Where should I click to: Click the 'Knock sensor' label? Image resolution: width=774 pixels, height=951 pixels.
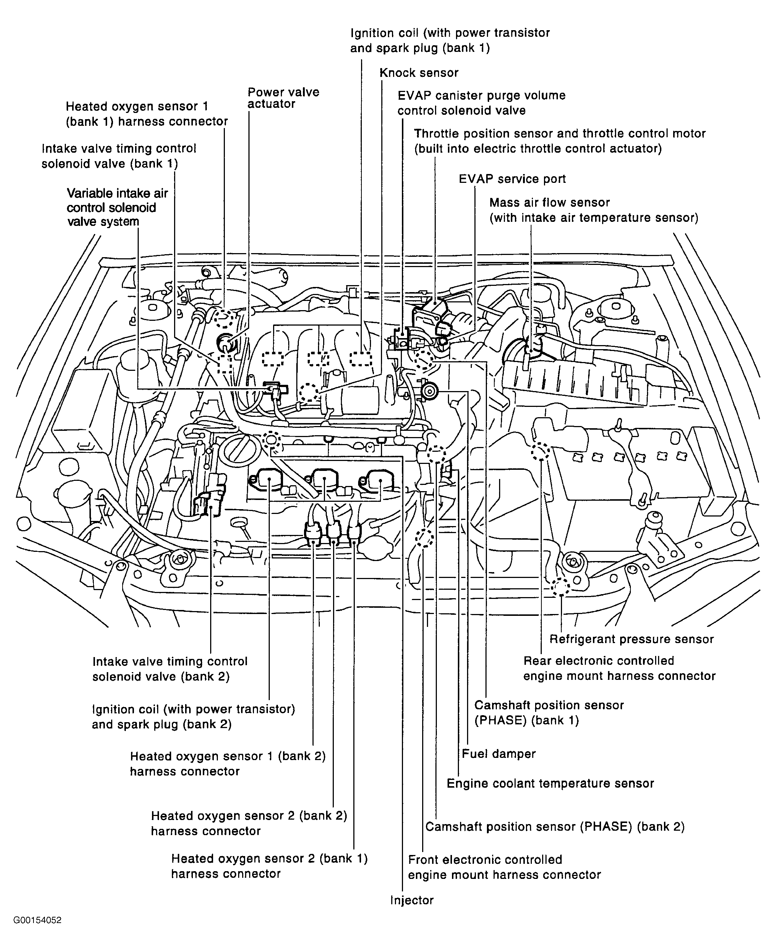tap(419, 73)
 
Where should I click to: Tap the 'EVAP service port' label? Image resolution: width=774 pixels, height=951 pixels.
tap(512, 179)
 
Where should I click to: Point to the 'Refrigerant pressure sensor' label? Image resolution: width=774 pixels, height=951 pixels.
tap(631, 639)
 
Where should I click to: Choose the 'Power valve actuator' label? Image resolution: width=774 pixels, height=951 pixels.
tap(283, 98)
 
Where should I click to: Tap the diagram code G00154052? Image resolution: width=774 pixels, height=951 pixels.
tap(37, 920)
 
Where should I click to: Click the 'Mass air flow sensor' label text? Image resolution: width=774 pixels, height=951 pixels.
tap(549, 203)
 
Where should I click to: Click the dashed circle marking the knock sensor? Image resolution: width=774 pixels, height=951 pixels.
tap(308, 392)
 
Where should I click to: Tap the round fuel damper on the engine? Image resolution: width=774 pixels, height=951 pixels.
tap(430, 392)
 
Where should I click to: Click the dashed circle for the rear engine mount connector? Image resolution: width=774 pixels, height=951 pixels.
tap(540, 451)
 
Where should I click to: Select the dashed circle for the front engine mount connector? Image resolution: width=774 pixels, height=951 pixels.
tap(424, 538)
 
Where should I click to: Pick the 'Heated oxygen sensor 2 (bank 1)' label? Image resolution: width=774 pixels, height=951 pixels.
tap(269, 865)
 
